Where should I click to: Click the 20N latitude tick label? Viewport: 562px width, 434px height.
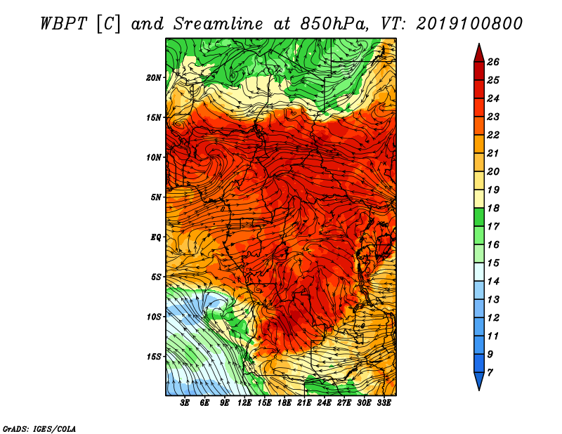pos(154,78)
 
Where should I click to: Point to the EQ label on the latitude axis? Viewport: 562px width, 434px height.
pos(156,237)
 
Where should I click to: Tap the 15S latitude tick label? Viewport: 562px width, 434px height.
pos(154,357)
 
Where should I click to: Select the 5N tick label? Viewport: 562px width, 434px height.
pos(156,197)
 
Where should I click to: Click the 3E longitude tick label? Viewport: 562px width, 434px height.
pos(185,403)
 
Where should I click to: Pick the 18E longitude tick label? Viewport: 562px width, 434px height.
pos(285,403)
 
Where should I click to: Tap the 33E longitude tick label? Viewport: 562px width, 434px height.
pos(384,403)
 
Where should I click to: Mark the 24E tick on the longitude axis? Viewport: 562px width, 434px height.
pos(324,403)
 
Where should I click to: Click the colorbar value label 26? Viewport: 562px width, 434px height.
pos(493,62)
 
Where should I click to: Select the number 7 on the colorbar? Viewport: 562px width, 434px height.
pos(490,373)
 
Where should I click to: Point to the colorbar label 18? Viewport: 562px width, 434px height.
pos(493,208)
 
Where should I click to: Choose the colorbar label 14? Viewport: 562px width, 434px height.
pos(493,282)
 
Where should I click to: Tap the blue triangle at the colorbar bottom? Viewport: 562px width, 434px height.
pos(479,380)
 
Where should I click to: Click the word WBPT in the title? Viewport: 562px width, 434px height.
pos(63,24)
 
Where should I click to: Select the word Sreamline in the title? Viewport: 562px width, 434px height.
pos(218,24)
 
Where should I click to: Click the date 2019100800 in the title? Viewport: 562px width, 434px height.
pos(469,24)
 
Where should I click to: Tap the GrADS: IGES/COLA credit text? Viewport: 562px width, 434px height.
pos(39,429)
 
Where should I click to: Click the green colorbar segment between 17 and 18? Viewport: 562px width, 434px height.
pos(479,217)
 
